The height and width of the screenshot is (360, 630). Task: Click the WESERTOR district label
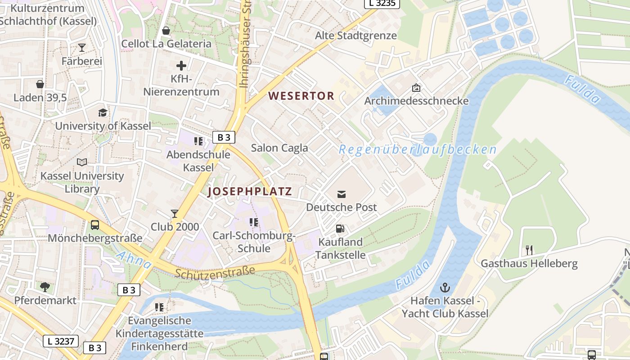pyautogui.click(x=301, y=96)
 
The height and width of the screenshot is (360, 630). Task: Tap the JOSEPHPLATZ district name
pyautogui.click(x=250, y=192)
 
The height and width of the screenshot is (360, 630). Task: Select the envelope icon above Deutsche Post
pyautogui.click(x=342, y=194)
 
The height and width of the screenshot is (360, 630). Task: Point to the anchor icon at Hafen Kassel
pyautogui.click(x=445, y=288)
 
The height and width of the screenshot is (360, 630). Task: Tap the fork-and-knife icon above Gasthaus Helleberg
pyautogui.click(x=529, y=250)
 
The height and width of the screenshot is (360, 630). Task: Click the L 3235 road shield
pyautogui.click(x=382, y=3)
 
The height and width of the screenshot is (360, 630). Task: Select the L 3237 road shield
pyautogui.click(x=61, y=341)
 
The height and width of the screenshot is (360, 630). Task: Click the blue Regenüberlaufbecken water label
pyautogui.click(x=418, y=150)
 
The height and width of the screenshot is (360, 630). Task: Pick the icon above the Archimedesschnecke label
pyautogui.click(x=416, y=88)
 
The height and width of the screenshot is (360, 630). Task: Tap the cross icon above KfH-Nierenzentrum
pyautogui.click(x=181, y=66)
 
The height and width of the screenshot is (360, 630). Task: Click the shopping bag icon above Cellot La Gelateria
pyautogui.click(x=166, y=31)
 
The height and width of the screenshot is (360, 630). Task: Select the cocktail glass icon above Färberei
pyautogui.click(x=82, y=47)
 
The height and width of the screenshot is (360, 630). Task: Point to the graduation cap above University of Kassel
pyautogui.click(x=103, y=112)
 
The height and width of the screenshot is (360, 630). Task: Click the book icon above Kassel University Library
pyautogui.click(x=82, y=162)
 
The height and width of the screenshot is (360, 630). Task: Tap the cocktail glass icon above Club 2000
pyautogui.click(x=175, y=213)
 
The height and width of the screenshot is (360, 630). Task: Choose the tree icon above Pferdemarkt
pyautogui.click(x=45, y=287)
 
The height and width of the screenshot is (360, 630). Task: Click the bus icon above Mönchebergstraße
pyautogui.click(x=95, y=225)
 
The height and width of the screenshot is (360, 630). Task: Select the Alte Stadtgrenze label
pyautogui.click(x=355, y=36)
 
